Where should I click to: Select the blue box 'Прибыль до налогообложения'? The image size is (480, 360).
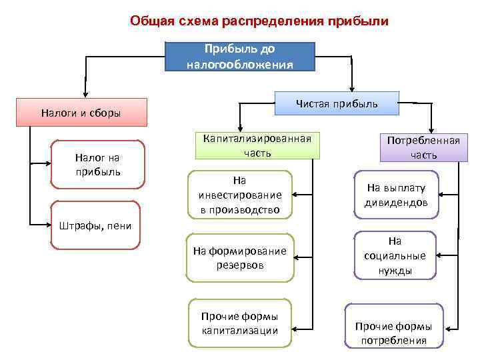pos(239,57)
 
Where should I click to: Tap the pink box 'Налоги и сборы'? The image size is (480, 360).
pos(81,113)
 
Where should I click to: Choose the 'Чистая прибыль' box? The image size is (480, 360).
pos(337,103)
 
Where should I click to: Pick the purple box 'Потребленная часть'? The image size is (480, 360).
pos(424,148)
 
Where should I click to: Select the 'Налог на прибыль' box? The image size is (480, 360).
pos(98,164)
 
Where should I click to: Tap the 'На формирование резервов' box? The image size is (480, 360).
pos(239,257)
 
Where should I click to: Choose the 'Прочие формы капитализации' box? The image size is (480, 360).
pos(239,323)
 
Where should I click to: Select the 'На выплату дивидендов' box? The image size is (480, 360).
pos(395,195)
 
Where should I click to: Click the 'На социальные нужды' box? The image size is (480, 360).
pos(395,255)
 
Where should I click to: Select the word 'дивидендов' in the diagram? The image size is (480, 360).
pos(395,203)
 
